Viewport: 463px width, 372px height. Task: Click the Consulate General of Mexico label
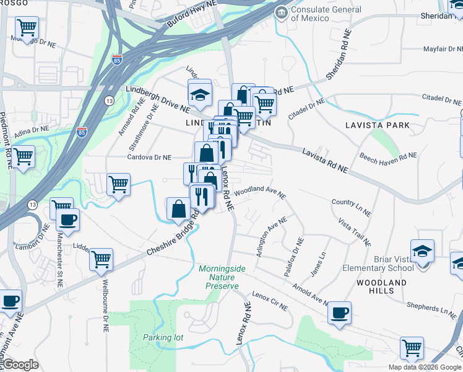click(x=326, y=14)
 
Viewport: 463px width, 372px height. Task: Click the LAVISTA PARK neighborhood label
click(x=378, y=125)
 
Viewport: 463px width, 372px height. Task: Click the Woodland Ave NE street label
click(x=260, y=191)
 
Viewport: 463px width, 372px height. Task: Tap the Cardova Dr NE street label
click(x=149, y=157)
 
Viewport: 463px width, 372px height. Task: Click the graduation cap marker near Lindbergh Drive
click(x=199, y=94)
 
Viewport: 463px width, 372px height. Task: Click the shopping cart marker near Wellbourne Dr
click(x=101, y=260)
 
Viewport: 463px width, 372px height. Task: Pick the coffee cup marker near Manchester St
click(x=67, y=219)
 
